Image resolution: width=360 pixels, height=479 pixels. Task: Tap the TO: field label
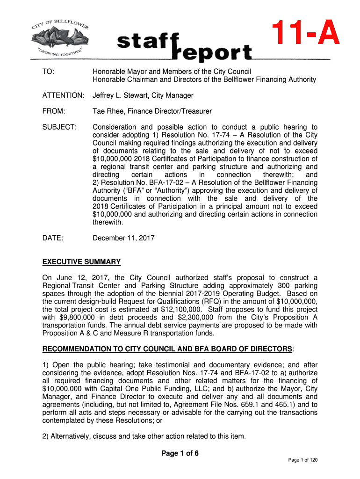(x=48, y=72)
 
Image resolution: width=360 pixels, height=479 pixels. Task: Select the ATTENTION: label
(x=63, y=95)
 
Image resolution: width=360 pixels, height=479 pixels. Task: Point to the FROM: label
(x=54, y=111)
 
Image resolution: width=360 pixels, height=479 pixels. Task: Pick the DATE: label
(x=53, y=238)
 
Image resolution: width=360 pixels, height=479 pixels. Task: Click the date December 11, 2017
(x=123, y=238)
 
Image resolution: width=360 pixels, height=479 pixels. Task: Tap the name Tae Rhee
(x=108, y=111)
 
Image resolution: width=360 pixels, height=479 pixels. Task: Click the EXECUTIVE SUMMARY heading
(x=81, y=262)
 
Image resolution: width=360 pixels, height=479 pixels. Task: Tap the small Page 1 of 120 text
(x=303, y=460)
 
